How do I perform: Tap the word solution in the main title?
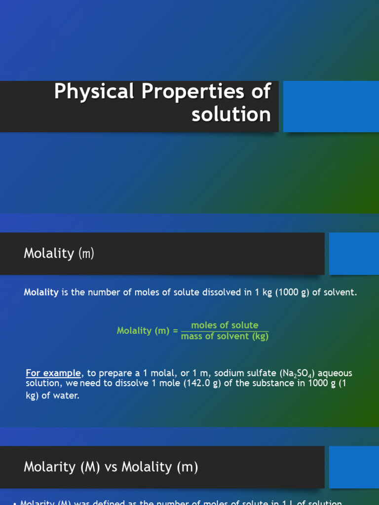[231, 114]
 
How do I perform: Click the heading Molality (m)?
[59, 253]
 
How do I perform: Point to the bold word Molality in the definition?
[41, 292]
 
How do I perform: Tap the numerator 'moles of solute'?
[225, 325]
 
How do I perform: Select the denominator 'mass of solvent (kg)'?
[225, 336]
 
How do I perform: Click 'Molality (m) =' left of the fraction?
[147, 331]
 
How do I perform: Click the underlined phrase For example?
[53, 373]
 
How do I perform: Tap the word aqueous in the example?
[336, 373]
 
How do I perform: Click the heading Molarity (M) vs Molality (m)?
[111, 467]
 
